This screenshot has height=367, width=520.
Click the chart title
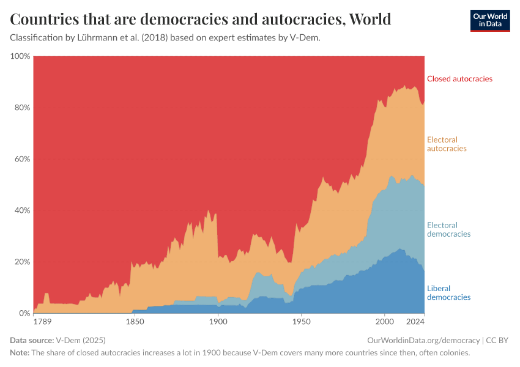coord(201,20)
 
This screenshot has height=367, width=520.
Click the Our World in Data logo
coord(489,20)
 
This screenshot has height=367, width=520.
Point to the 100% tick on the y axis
coord(20,56)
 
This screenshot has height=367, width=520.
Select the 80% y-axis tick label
coord(22,108)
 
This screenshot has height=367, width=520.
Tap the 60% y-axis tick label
coord(22,159)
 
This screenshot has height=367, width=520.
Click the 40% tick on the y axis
coord(22,210)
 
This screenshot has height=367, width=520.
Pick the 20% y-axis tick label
coord(22,262)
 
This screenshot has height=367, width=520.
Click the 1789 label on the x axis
coord(43,322)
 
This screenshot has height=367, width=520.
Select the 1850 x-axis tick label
coord(134,322)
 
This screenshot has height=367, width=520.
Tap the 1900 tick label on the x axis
coord(217,322)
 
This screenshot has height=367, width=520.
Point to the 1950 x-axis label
coord(301,322)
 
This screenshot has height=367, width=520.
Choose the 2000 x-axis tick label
coord(384,322)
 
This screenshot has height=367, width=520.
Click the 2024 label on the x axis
coord(415,322)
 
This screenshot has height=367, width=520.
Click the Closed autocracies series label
coord(459,79)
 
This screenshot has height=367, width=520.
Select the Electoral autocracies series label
coord(447,144)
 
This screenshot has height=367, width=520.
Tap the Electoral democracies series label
coord(448,229)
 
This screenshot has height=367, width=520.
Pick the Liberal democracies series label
coord(448,293)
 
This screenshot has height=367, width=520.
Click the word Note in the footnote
coord(20,353)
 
